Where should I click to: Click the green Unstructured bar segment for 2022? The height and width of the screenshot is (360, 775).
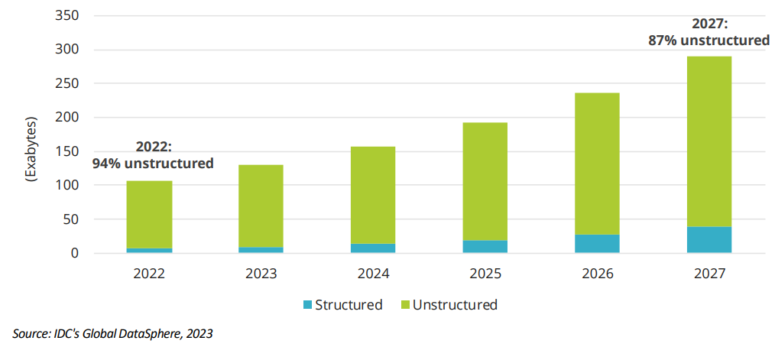[x=149, y=214]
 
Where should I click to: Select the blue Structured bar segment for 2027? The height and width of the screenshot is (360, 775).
[x=709, y=239]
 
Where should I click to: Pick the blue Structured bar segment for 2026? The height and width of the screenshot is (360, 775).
[x=597, y=243]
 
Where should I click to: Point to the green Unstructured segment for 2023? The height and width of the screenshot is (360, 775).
[x=261, y=206]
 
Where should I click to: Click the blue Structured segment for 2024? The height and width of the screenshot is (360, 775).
[x=373, y=248]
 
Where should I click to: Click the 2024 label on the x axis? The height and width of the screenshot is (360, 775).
[x=373, y=272]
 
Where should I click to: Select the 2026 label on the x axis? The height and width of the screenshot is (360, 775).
[x=597, y=272]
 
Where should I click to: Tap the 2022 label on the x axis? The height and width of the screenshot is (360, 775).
[x=149, y=272]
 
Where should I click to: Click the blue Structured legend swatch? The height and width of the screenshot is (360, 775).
[x=308, y=305]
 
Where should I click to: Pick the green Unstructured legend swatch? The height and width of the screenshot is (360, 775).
[x=405, y=305]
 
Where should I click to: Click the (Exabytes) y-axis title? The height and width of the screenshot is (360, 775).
[x=31, y=150]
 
